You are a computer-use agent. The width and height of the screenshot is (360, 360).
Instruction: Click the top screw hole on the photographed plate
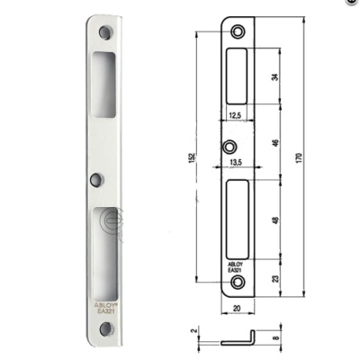105,32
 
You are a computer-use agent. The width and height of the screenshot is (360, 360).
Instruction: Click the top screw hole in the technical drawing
238,32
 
